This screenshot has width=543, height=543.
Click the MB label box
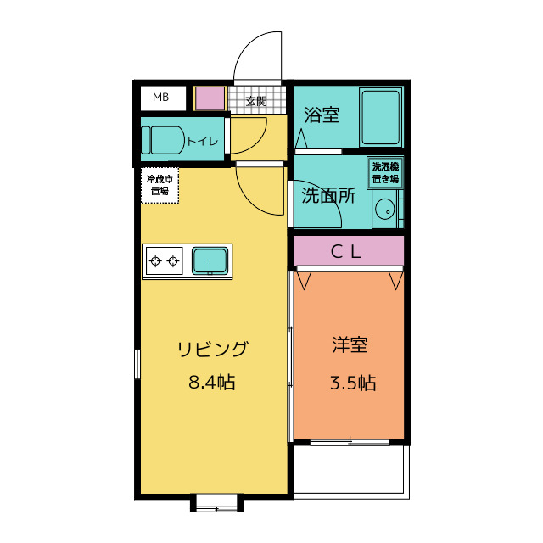click(161, 98)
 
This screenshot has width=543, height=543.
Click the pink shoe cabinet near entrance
click(210, 98)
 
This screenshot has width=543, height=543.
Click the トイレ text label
click(203, 141)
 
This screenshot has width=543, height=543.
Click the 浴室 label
click(321, 115)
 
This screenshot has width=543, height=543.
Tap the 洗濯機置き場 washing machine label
click(385, 172)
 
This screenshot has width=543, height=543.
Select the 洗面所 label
click(328, 195)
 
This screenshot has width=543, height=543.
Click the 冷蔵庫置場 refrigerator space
click(160, 185)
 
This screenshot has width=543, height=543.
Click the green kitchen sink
click(210, 260)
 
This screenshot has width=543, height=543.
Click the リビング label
click(212, 349)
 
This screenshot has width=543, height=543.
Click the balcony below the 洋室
click(351, 469)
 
